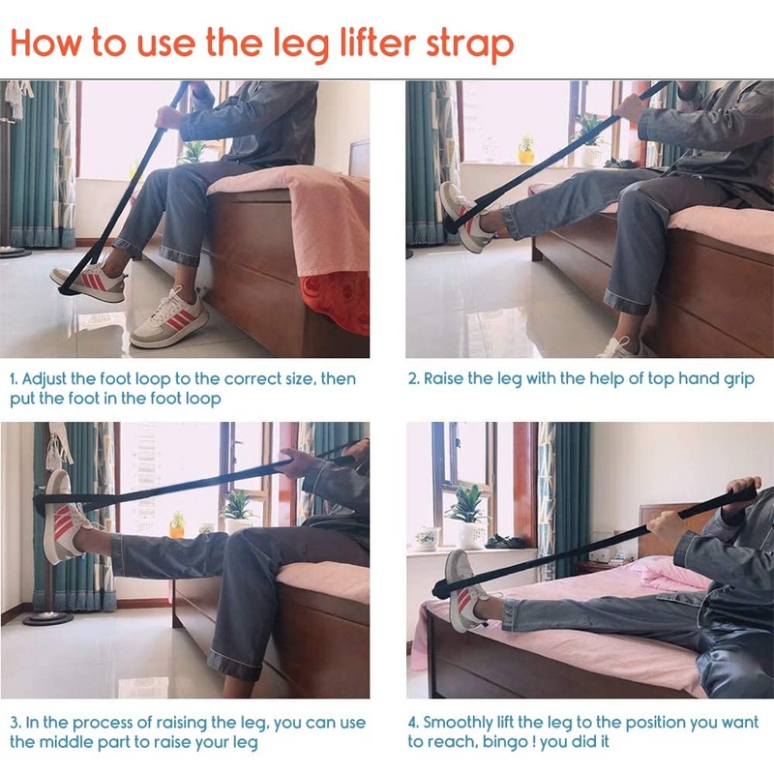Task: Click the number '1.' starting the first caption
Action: pos(15,379)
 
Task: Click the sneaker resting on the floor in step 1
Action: pos(170,319)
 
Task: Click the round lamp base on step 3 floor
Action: pos(47,616)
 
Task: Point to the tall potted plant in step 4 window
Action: pos(470,514)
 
